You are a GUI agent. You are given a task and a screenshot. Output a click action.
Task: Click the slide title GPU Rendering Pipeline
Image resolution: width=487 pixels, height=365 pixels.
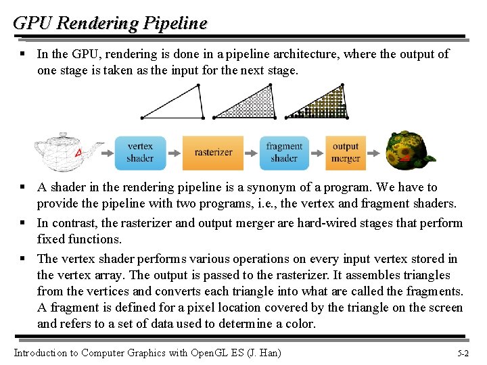point(110,23)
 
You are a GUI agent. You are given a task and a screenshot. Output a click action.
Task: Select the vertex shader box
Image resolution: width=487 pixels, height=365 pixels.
point(140,153)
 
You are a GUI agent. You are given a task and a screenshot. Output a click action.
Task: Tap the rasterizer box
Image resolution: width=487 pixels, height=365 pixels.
point(213,153)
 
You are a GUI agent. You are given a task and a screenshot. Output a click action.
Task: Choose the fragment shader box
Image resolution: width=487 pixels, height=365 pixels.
point(284,153)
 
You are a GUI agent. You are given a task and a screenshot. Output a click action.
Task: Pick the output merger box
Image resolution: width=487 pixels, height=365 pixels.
point(345,153)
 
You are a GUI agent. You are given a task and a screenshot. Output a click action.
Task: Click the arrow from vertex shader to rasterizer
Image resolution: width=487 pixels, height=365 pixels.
point(174,153)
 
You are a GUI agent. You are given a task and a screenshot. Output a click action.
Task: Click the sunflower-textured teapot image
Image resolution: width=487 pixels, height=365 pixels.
point(410,150)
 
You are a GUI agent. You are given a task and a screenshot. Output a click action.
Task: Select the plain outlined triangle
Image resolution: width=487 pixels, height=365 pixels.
point(174,103)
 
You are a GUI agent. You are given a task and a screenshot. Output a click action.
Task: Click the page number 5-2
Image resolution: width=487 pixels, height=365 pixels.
point(464,353)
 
